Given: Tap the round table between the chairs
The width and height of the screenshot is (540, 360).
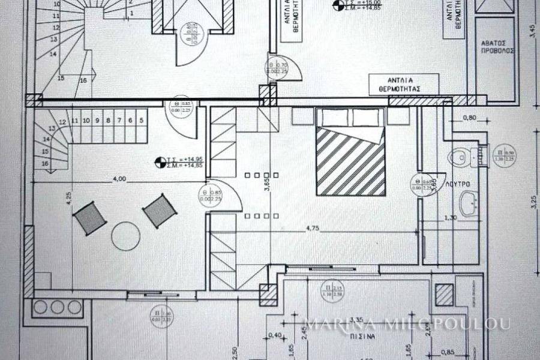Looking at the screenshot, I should (x=125, y=235).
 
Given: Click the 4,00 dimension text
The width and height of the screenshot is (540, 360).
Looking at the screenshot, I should (x=119, y=178).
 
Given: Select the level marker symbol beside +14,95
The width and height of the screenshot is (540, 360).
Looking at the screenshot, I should (x=160, y=161).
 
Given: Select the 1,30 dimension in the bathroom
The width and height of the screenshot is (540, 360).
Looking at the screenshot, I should (x=452, y=218).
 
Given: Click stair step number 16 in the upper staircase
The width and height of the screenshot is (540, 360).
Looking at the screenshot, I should (x=83, y=80).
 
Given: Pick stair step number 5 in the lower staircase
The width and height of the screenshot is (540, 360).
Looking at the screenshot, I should (x=141, y=120).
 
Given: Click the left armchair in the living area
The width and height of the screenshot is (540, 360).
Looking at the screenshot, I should (x=91, y=218).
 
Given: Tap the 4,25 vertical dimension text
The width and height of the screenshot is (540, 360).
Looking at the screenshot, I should (x=70, y=199).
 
